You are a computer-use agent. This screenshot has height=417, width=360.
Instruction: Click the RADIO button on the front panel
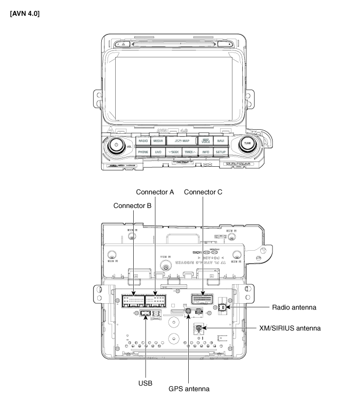[x=143, y=141]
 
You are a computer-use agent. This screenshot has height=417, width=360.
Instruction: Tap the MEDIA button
[x=158, y=141]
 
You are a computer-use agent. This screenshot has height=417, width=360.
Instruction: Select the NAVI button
[x=221, y=141]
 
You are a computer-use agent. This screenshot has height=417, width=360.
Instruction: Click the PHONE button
[x=143, y=152]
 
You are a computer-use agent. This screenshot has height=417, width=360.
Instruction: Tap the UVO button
[x=158, y=152]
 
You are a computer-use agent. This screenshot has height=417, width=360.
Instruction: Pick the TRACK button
[x=190, y=152]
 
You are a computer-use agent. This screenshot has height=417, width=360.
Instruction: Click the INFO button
[x=205, y=152]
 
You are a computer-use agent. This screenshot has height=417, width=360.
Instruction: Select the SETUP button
[x=221, y=152]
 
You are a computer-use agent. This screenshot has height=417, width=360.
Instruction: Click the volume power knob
[x=117, y=145]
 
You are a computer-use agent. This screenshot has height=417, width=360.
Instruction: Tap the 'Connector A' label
[x=155, y=192]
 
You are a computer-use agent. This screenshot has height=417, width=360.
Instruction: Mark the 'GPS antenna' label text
[x=189, y=388]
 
